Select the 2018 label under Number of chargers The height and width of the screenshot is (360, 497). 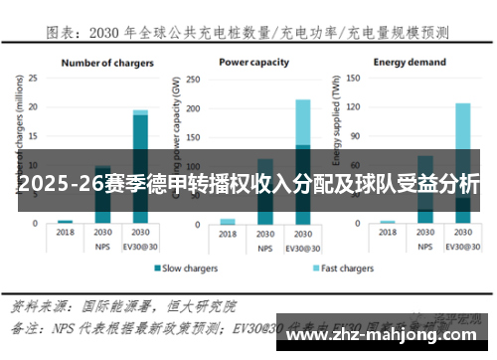(66, 232)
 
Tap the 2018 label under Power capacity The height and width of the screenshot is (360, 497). (228, 232)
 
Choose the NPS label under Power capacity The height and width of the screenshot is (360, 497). (265, 245)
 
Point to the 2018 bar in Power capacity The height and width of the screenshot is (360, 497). (228, 221)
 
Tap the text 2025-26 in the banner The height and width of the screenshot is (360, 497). (50, 184)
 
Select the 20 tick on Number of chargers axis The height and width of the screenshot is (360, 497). (33, 105)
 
